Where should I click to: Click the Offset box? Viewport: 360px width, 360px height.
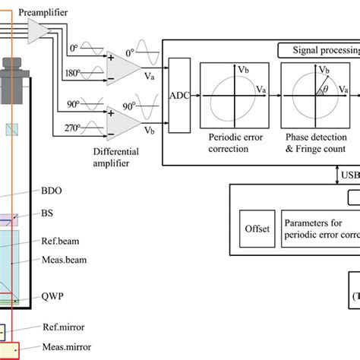[256, 227]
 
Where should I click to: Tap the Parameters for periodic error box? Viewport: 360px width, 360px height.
[319, 228]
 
